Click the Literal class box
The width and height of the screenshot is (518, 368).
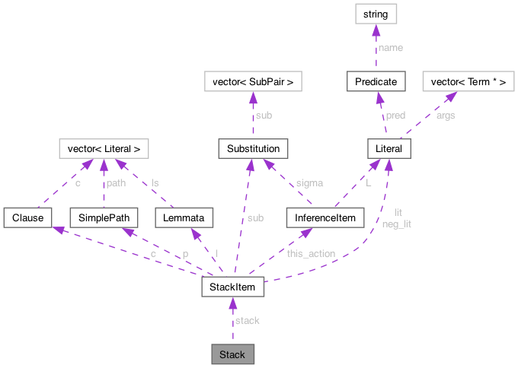pos(389,148)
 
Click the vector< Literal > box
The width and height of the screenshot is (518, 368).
pos(104,148)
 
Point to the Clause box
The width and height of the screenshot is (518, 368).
pos(27,217)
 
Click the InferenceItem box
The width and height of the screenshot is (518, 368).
pos(321,217)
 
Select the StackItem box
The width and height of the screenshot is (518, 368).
pos(232,287)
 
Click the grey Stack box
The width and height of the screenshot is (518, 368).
pos(232,354)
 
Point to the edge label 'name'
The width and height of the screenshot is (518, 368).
pos(391,47)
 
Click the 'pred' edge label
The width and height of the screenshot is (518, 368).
pos(395,115)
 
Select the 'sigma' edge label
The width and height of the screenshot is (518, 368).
pos(308,182)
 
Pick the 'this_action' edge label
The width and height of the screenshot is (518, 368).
pos(311,253)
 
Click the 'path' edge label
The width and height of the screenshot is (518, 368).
pos(116,182)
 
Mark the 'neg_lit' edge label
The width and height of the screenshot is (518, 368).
pos(396,224)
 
